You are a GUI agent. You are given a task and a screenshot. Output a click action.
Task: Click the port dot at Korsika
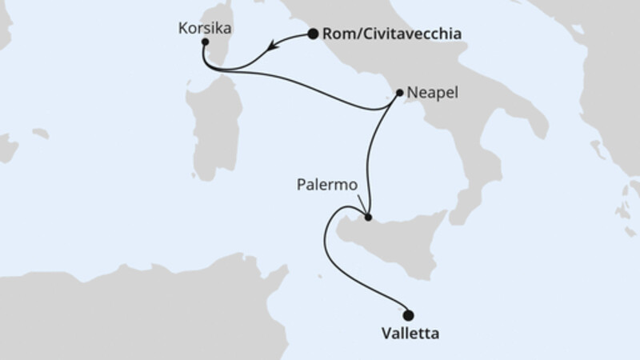click(205, 42)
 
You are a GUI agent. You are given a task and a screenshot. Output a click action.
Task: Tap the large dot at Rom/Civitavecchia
click(313, 34)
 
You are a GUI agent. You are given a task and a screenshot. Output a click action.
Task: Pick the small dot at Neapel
click(399, 92)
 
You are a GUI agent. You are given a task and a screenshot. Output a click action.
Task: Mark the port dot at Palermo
click(367, 217)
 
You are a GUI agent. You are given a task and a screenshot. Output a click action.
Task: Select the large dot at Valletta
click(409, 314)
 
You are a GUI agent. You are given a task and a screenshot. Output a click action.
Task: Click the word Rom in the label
click(335, 34)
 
